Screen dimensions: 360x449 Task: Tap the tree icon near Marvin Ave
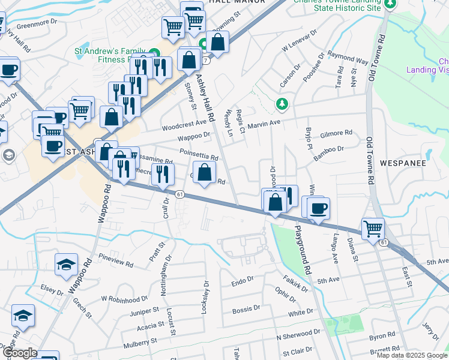pos(282,105)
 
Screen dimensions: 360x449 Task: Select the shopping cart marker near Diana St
pos(373,229)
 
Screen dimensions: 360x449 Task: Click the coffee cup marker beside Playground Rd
pos(318,209)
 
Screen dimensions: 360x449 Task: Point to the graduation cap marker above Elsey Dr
pos(65,265)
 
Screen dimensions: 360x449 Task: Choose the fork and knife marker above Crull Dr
pos(162,175)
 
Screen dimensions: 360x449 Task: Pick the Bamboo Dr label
pos(328,149)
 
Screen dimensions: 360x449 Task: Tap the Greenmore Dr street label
pos(36,26)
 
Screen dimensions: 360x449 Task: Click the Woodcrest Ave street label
pos(184,125)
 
